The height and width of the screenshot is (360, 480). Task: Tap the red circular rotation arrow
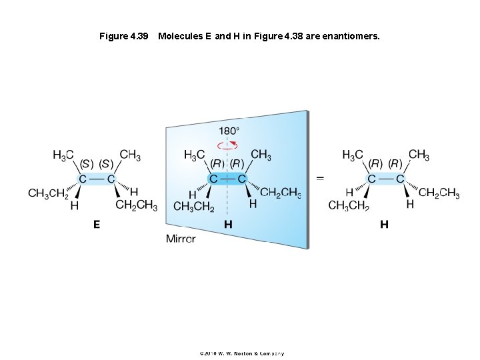pyautogui.click(x=228, y=145)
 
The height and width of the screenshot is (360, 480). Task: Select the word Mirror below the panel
pyautogui.click(x=181, y=239)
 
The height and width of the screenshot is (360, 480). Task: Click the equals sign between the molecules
pyautogui.click(x=320, y=179)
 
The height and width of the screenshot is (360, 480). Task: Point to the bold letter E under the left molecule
pyautogui.click(x=97, y=225)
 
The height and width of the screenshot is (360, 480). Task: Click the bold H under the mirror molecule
pyautogui.click(x=228, y=225)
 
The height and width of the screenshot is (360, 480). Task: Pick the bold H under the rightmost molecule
pyautogui.click(x=384, y=225)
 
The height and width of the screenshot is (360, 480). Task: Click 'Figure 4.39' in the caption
pyautogui.click(x=123, y=36)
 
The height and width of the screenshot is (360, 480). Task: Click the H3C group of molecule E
pyautogui.click(x=63, y=155)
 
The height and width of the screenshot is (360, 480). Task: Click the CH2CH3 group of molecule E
pyautogui.click(x=137, y=205)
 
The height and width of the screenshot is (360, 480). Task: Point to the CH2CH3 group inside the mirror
pyautogui.click(x=280, y=193)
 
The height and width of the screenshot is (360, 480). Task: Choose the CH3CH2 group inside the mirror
pyautogui.click(x=194, y=207)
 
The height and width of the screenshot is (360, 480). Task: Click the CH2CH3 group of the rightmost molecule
pyautogui.click(x=439, y=193)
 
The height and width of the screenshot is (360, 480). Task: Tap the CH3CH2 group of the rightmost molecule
pyautogui.click(x=349, y=205)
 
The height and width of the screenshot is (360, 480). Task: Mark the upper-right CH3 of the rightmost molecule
pyautogui.click(x=419, y=155)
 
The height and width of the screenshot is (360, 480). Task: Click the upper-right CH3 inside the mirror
pyautogui.click(x=261, y=155)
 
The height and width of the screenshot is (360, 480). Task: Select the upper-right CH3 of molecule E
pyautogui.click(x=130, y=155)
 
